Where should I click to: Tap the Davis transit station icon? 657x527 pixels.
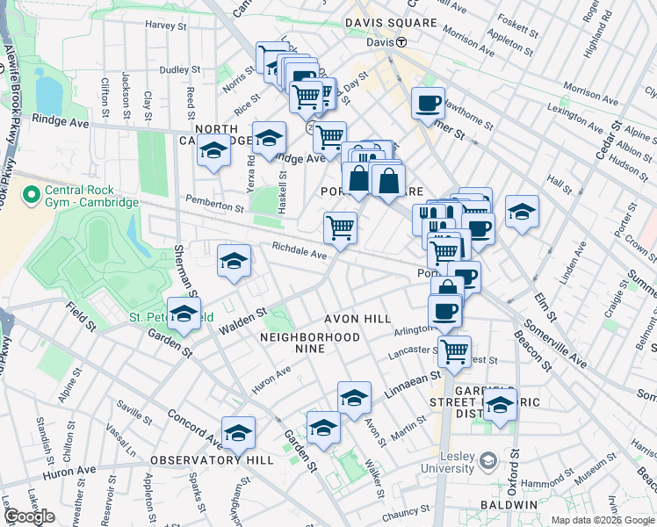pos(401,42)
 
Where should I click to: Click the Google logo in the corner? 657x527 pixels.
pos(29,516)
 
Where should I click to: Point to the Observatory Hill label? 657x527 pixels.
pos(195,460)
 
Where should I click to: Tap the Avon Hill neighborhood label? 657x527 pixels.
pos(356,319)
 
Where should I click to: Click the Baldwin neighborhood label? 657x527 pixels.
pos(509,506)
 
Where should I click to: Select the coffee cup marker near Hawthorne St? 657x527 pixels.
pos(428,104)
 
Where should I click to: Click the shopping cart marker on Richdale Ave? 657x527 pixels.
pos(340,228)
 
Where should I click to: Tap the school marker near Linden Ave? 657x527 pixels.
pos(522,212)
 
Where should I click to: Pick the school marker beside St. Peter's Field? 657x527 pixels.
pos(184,314)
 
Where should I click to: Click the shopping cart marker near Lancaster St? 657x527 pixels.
pos(454,351)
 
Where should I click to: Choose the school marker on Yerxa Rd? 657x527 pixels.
pos(213,151)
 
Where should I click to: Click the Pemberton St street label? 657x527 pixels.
pos(214,207)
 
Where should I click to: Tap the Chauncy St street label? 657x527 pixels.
pos(406,512)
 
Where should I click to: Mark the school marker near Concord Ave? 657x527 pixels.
pos(238,433)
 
